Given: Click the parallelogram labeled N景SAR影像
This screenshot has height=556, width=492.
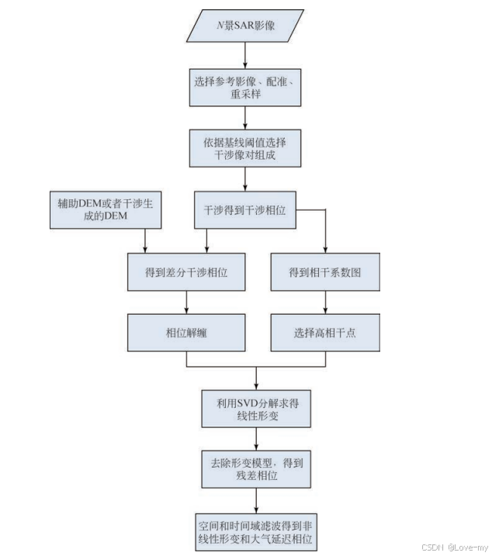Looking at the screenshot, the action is click(x=245, y=26).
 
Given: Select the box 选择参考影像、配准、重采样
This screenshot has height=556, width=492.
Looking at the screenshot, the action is click(x=245, y=88).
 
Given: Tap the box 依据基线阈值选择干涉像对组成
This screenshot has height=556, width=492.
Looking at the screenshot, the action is click(x=245, y=148).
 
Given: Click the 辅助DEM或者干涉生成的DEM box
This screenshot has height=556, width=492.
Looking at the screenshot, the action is click(x=106, y=210).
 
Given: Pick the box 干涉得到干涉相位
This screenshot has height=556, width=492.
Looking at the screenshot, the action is click(x=245, y=210).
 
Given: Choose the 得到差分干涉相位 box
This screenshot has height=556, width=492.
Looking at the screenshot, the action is click(x=186, y=272).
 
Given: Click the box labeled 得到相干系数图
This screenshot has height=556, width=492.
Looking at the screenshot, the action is click(x=325, y=272).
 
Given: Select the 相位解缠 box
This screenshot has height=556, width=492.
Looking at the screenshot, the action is click(x=186, y=333).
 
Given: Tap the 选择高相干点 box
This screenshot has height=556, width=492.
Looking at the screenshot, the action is click(x=325, y=333).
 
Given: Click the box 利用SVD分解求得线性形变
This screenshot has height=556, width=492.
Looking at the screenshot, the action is click(x=256, y=409).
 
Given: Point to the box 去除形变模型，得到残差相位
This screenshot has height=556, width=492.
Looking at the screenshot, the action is click(x=256, y=469).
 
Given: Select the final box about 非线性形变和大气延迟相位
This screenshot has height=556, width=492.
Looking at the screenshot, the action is click(x=256, y=532).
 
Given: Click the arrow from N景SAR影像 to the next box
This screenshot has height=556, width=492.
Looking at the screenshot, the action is click(x=245, y=55).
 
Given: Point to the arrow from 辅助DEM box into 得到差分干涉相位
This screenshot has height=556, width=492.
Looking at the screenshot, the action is click(x=145, y=240).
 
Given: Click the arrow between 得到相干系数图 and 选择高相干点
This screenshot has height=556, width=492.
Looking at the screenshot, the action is click(x=325, y=302).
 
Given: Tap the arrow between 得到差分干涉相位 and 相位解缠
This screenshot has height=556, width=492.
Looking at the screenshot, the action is click(x=186, y=302).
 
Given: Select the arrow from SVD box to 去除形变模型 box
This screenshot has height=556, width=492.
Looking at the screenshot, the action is click(x=256, y=439).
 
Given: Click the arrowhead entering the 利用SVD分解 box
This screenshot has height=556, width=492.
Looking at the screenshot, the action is click(x=256, y=387).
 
